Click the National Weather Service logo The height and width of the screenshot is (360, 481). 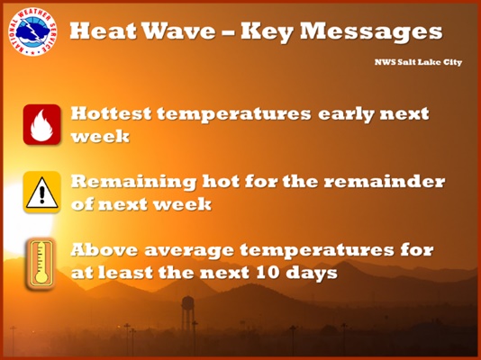point(32,31)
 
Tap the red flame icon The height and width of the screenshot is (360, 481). point(41,124)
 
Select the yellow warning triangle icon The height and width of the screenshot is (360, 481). point(42,192)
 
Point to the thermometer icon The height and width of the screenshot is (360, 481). point(41,263)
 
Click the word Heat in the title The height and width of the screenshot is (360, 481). point(104,31)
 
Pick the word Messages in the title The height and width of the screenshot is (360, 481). point(371,31)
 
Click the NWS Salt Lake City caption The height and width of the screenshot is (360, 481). point(418,62)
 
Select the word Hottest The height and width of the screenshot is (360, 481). point(111,113)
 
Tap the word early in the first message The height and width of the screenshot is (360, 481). point(346,114)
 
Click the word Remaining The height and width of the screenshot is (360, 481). point(133,182)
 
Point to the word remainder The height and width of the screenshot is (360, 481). point(385,182)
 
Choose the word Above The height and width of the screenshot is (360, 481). point(104,249)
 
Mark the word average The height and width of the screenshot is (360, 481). point(189,251)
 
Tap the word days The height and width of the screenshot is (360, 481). point(312,273)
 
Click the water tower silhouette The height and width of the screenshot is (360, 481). point(187,312)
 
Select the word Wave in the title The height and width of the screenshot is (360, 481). point(179,31)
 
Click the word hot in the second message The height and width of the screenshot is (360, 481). point(221,182)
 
